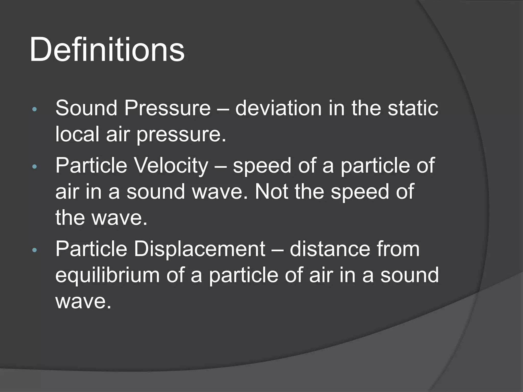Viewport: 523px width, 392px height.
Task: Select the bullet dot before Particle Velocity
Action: (35, 167)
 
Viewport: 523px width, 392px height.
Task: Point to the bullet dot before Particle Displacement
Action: (35, 250)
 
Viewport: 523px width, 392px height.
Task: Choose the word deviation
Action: (278, 108)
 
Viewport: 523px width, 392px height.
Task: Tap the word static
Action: (413, 108)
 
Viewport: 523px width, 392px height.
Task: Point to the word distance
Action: (330, 249)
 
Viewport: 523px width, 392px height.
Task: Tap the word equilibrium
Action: (108, 276)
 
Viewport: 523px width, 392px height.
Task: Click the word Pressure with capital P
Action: (168, 108)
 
